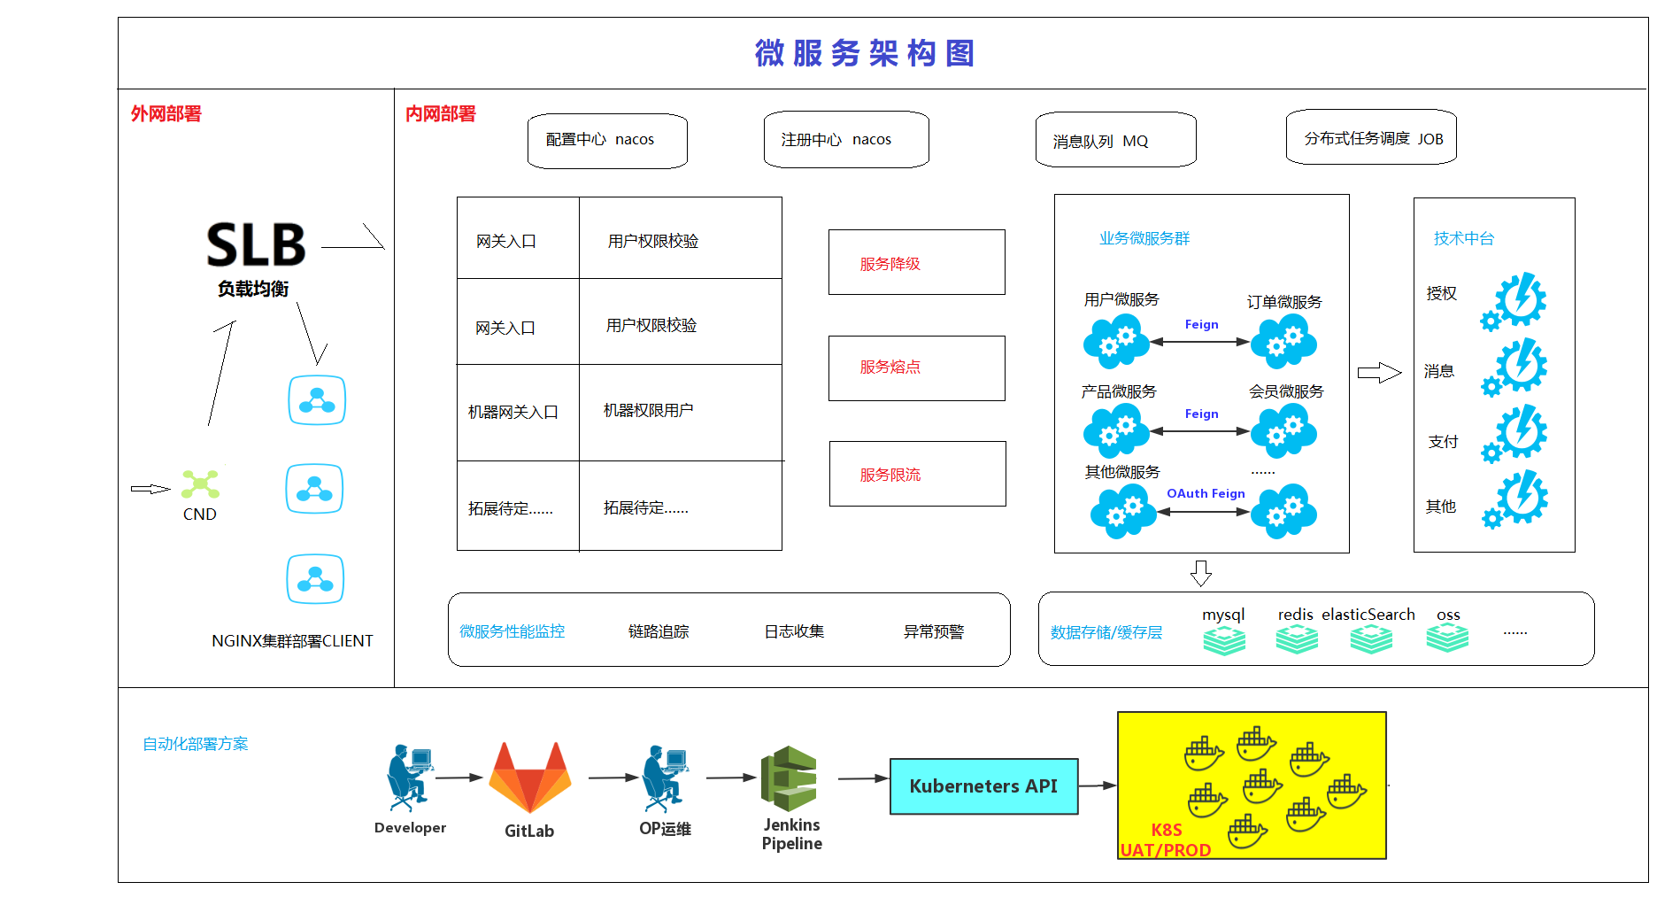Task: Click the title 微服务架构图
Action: click(864, 53)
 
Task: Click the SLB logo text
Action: click(256, 244)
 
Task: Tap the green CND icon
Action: click(201, 484)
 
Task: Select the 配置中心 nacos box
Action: click(607, 140)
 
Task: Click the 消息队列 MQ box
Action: click(1115, 140)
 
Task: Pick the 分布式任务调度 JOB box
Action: click(1371, 137)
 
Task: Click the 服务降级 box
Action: click(916, 262)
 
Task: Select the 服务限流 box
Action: click(917, 474)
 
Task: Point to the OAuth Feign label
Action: click(1206, 493)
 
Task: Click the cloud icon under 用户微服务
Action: click(1116, 342)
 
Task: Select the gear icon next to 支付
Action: click(1515, 434)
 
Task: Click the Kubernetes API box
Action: click(983, 786)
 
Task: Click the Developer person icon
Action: click(408, 778)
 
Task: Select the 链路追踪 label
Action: click(659, 631)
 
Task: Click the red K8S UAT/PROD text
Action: click(1166, 840)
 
